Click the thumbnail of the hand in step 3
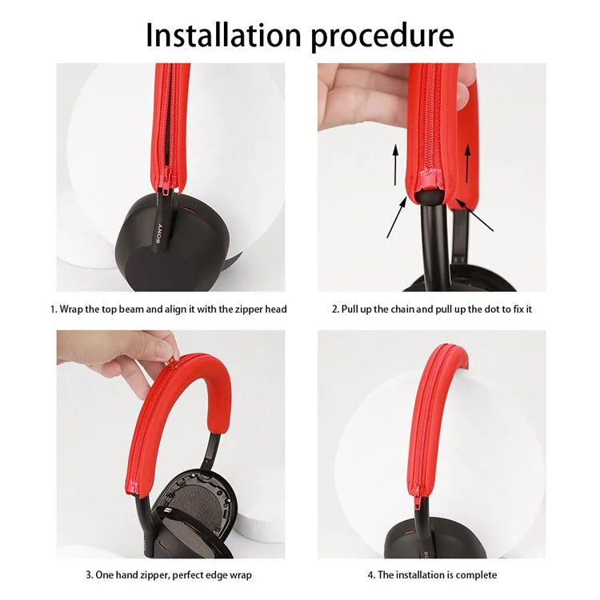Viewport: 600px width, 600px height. (x=166, y=346)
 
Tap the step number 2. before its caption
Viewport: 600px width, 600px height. (x=336, y=309)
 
